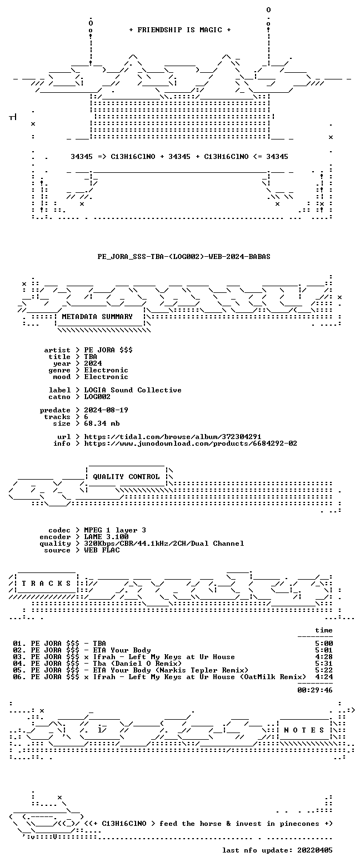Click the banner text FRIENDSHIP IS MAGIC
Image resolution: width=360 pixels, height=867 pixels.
[x=180, y=30]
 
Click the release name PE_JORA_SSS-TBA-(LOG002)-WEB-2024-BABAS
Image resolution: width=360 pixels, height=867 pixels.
[x=184, y=257]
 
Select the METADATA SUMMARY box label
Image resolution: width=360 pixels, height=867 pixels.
[x=97, y=317]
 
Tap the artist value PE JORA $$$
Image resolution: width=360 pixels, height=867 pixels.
[x=108, y=350]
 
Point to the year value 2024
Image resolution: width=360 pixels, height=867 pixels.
[x=93, y=363]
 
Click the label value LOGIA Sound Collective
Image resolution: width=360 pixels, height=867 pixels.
[x=133, y=390]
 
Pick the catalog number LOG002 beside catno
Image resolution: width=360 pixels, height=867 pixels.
[x=97, y=397]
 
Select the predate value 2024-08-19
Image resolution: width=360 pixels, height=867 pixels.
[x=106, y=410]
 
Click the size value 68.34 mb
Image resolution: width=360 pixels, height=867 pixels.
[x=102, y=423]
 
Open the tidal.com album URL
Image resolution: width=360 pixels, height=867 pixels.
[x=173, y=437]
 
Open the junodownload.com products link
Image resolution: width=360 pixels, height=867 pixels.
[x=191, y=444]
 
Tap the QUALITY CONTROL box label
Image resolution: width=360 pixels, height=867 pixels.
[x=126, y=477]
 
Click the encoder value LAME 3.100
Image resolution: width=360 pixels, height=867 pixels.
[x=106, y=537]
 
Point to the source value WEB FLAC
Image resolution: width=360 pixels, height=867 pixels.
[x=102, y=550]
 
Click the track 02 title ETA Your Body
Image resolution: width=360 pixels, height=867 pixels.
[x=122, y=650]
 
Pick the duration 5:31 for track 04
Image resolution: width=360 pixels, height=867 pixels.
[x=324, y=664]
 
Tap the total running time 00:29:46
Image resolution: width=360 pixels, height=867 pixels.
[x=315, y=690]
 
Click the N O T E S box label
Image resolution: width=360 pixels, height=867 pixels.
[x=304, y=730]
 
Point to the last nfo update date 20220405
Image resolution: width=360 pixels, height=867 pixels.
[x=315, y=850]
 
